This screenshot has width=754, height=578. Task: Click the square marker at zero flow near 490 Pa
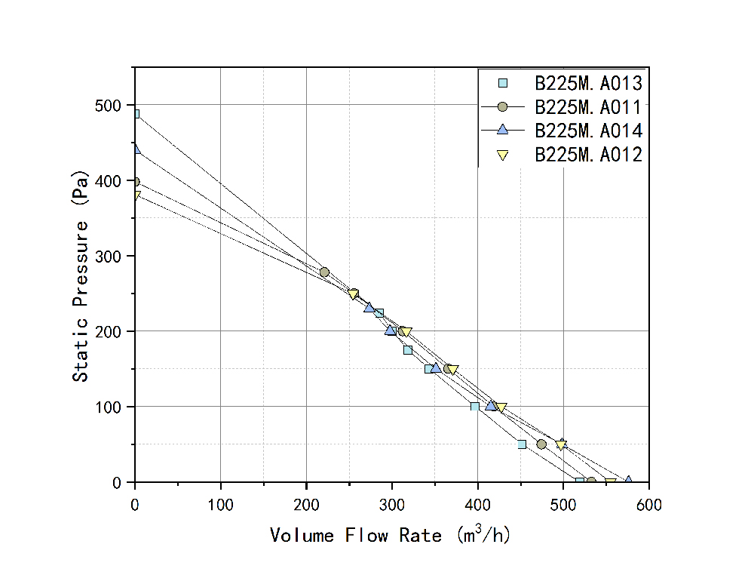point(136,114)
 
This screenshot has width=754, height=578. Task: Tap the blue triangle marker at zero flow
point(136,149)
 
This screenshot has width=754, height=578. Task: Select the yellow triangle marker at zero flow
point(136,195)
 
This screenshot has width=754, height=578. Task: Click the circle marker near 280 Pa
point(324,272)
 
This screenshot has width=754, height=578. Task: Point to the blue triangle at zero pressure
point(628,481)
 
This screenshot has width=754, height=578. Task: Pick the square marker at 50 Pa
point(522,444)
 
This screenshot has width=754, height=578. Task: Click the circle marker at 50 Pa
point(541,444)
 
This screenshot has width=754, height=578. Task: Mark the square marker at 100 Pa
point(475,407)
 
